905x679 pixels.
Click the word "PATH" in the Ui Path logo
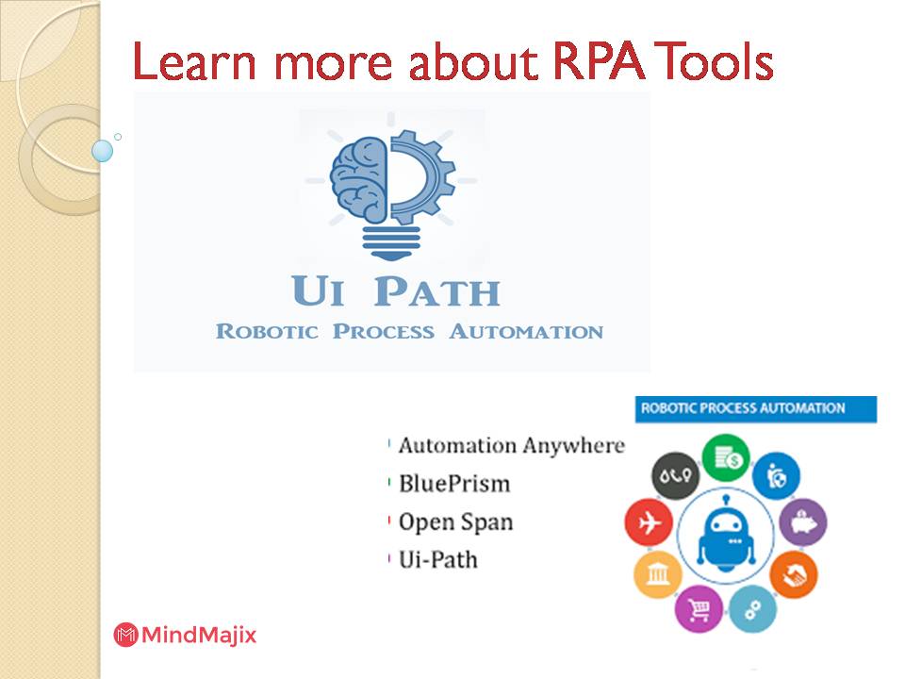coord(436,292)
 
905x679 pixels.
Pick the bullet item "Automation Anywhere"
coord(510,445)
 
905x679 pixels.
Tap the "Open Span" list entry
coord(455,522)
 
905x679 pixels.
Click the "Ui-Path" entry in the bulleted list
coord(437,559)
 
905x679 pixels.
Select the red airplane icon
coord(649,523)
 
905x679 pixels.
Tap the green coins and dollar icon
coord(726,457)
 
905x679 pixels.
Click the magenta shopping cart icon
coord(700,608)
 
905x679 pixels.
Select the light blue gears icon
coord(753,608)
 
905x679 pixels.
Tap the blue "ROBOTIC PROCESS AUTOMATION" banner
coord(755,408)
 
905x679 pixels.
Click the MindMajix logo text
coord(198,635)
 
